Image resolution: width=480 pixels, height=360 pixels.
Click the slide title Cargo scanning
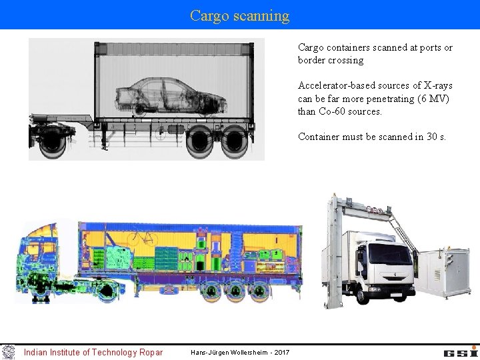point(239,15)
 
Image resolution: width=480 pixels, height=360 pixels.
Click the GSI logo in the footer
point(460,351)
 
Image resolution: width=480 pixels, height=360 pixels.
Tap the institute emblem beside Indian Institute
point(8,351)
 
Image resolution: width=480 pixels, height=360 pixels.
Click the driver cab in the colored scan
point(43,257)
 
